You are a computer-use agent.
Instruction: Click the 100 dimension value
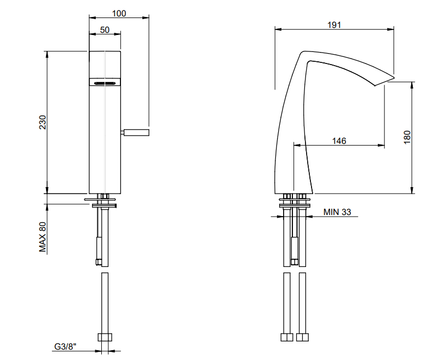(x=119, y=13)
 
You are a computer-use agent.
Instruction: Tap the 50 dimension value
(x=105, y=30)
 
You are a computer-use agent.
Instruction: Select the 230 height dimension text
(x=43, y=122)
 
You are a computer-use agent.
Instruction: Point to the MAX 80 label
(x=43, y=237)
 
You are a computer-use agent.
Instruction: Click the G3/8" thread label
(x=65, y=346)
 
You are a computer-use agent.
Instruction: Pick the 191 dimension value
(x=334, y=25)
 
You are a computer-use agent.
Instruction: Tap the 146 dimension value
(x=339, y=141)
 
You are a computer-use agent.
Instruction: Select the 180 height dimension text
(x=407, y=137)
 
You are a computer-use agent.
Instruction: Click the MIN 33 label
(x=337, y=212)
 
